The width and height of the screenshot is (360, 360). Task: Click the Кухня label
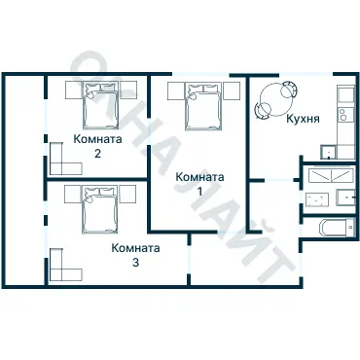tap(303, 119)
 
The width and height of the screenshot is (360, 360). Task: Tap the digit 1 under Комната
tap(200, 192)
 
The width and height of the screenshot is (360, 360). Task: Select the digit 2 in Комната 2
tap(97, 153)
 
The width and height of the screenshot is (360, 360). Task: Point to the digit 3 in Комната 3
tap(135, 262)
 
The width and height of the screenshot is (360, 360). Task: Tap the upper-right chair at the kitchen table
tap(289, 89)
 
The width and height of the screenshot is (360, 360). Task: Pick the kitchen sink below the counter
tap(329, 152)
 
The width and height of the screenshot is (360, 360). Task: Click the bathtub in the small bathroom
tap(337, 228)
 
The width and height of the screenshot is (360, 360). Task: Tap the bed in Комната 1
tap(203, 106)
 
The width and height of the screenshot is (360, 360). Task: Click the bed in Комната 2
tap(100, 104)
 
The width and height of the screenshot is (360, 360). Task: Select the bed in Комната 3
tap(99, 209)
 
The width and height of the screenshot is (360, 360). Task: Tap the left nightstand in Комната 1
tap(176, 90)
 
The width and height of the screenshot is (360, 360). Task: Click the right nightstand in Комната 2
tap(129, 90)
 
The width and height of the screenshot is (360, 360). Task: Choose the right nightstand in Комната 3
tap(127, 194)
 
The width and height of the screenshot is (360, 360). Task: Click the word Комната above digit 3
tap(135, 248)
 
